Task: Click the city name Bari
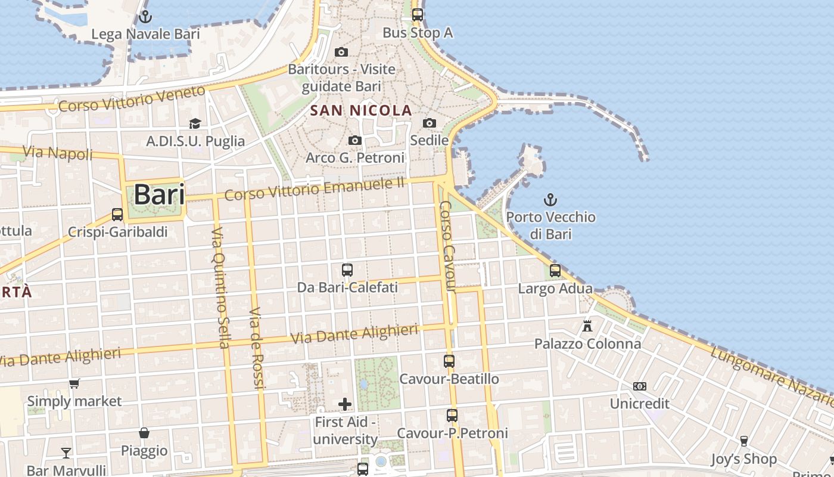pos(158,195)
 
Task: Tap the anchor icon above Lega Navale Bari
pos(145,17)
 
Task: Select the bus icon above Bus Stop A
pos(418,15)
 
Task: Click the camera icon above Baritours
pos(341,52)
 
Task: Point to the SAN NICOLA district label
pos(361,110)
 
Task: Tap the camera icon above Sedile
pos(430,123)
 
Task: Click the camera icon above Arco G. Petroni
pos(355,140)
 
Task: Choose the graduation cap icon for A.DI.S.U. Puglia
pos(195,123)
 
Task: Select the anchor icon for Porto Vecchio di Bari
pos(551,200)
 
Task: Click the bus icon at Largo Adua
pos(555,271)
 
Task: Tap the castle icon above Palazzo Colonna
pos(588,326)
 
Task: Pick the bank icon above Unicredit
pos(640,386)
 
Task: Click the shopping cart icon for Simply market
pos(74,383)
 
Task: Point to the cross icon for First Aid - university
pos(345,404)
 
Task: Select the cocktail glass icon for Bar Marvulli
pos(66,453)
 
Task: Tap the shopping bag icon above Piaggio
pos(144,432)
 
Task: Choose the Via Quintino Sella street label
pos(220,287)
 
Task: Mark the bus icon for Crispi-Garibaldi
pos(117,214)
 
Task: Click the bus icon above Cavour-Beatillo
pos(449,361)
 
